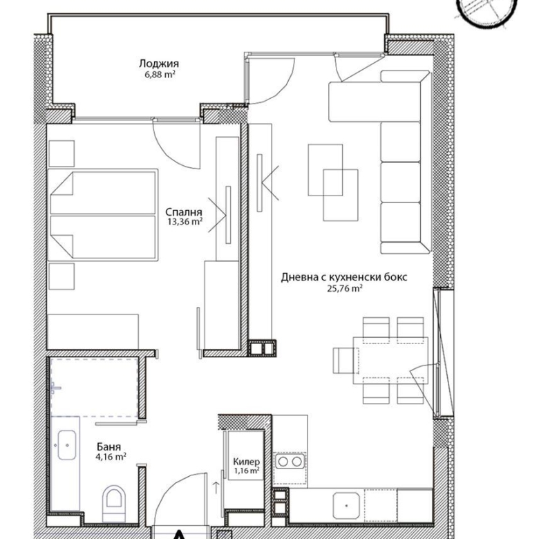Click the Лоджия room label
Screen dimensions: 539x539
click(x=159, y=64)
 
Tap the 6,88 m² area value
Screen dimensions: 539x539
click(x=160, y=75)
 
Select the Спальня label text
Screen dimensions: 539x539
click(x=184, y=212)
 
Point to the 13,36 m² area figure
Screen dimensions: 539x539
click(x=185, y=221)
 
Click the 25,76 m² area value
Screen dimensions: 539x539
click(x=345, y=288)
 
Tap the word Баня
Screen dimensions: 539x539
click(x=109, y=446)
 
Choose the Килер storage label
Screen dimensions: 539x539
click(x=247, y=462)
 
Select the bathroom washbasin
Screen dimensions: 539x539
click(x=67, y=445)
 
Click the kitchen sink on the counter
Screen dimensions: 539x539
click(x=346, y=506)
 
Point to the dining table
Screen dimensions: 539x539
click(x=390, y=360)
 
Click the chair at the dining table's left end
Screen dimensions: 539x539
click(x=346, y=360)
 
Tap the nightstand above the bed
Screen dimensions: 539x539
click(x=62, y=153)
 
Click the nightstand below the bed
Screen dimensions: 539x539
click(x=62, y=276)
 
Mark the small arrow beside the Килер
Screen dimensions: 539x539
click(x=216, y=488)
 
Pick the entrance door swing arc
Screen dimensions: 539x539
click(x=174, y=484)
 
